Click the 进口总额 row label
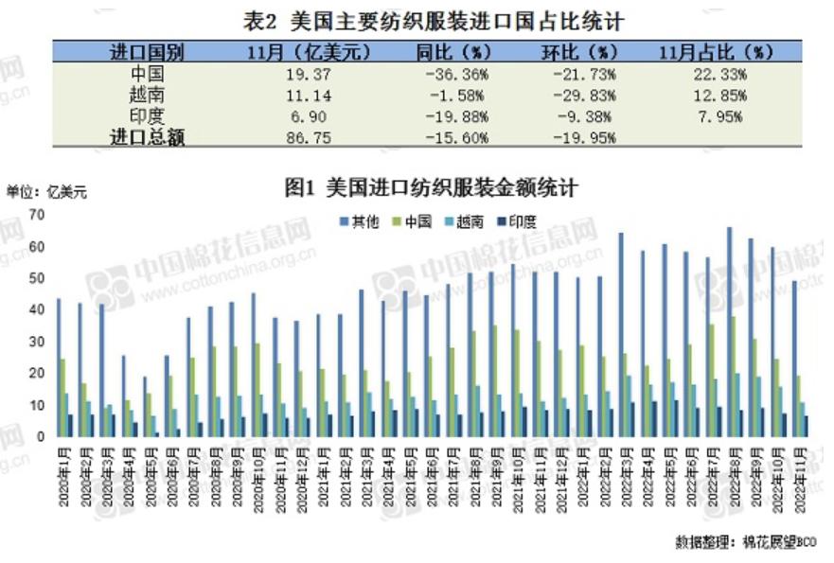[x=148, y=137]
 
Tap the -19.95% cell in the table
[x=583, y=137]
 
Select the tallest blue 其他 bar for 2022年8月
[x=728, y=331]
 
